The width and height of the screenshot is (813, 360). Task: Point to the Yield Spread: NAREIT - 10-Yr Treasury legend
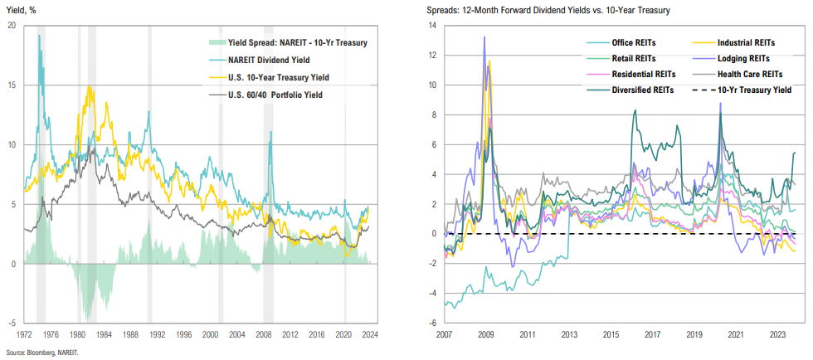pyautogui.click(x=285, y=41)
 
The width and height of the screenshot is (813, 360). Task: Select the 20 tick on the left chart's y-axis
pyautogui.click(x=11, y=25)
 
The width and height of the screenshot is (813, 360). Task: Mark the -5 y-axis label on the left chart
pyautogui.click(x=12, y=323)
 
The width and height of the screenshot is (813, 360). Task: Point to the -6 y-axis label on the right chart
pyautogui.click(x=430, y=323)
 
